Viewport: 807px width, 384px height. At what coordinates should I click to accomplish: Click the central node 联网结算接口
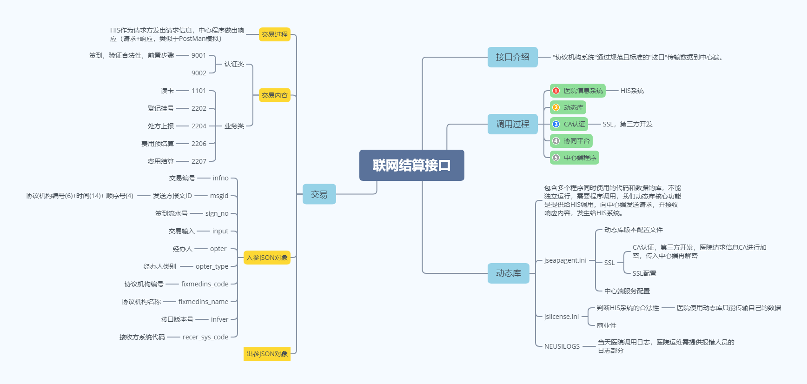pos(411,165)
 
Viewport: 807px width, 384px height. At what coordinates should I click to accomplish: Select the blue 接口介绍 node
pos(512,57)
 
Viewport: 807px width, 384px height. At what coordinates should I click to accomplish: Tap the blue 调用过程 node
pos(512,124)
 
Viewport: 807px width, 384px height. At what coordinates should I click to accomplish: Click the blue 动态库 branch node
pos(508,273)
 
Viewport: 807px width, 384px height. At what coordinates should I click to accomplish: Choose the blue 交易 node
pos(319,194)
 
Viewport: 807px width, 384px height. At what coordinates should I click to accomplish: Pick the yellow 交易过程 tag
pos(274,34)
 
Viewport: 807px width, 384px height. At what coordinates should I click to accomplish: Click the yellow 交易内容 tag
pos(274,95)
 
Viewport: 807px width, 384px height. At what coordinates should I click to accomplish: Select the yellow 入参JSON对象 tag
pos(267,258)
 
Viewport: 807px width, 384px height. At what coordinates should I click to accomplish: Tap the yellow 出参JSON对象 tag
pos(267,354)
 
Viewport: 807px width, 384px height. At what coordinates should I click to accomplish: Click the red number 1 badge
pos(556,91)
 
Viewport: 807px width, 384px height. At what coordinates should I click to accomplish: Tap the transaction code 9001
pos(198,55)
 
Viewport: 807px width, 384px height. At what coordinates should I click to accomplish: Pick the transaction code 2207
pos(198,161)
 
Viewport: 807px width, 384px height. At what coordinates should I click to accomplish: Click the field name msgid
pos(219,196)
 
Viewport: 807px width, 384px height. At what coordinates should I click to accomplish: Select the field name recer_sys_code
pos(205,337)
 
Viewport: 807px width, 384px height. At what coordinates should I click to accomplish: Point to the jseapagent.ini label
pos(565,260)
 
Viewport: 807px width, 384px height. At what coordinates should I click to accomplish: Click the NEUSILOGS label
pos(562,346)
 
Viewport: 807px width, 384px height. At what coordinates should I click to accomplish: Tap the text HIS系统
pos(632,91)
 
